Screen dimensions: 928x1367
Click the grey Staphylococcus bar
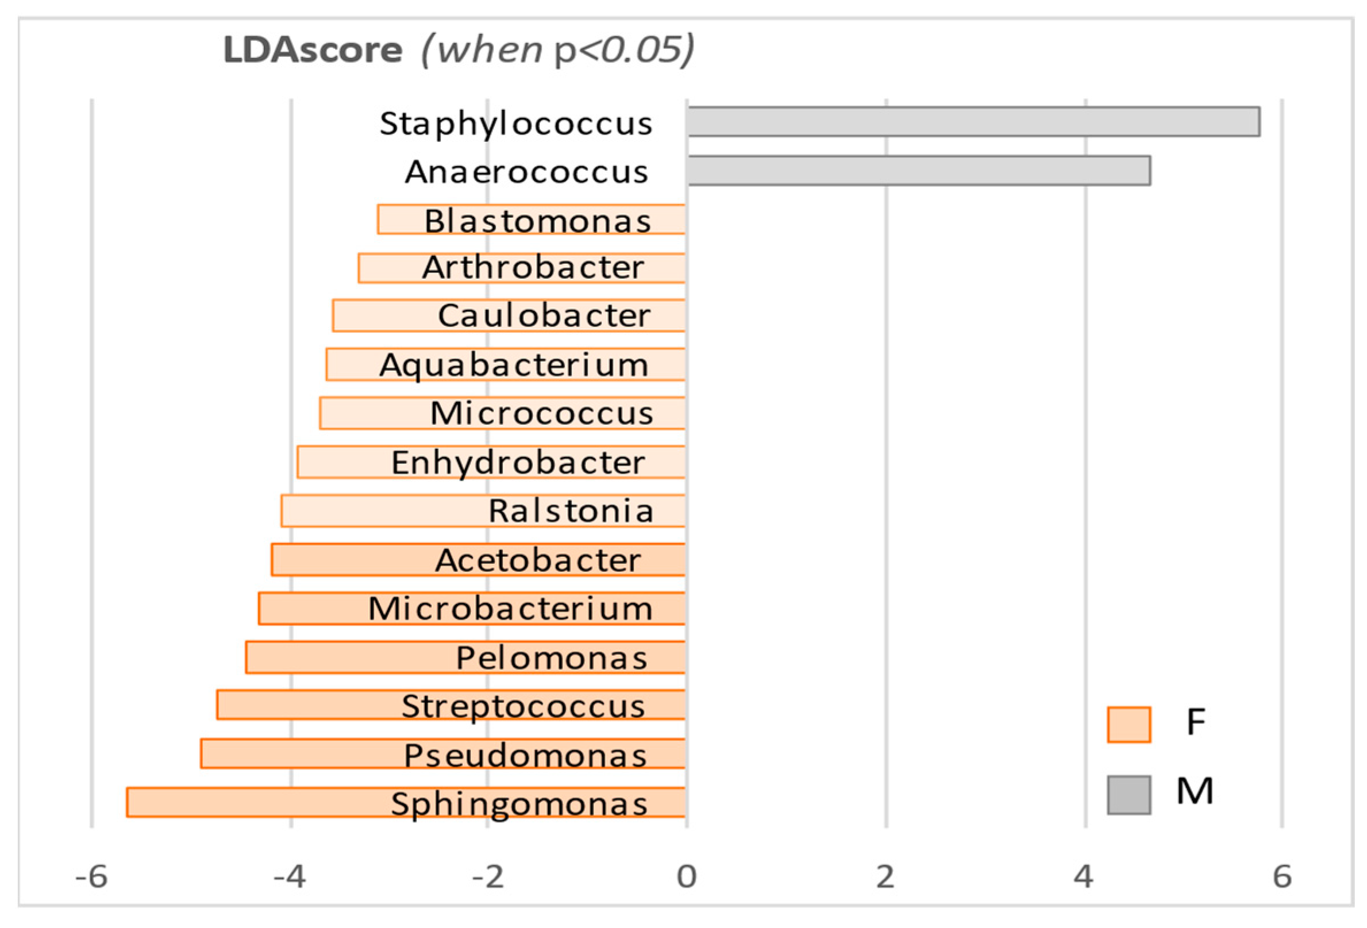[x=973, y=122]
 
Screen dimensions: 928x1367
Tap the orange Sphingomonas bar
[x=259, y=802]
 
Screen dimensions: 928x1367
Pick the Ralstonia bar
[x=382, y=510]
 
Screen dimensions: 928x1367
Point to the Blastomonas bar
[x=400, y=220]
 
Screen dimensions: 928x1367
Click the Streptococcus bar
[x=306, y=704]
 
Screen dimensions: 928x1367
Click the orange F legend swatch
[x=1129, y=725]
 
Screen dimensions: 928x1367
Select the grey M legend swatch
[x=1129, y=795]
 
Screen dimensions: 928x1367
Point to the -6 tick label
[x=91, y=877]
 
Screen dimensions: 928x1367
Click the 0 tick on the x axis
[x=687, y=877]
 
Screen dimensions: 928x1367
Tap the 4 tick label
[x=1084, y=877]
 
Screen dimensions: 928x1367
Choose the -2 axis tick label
[x=488, y=877]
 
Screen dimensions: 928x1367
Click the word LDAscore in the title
[x=313, y=50]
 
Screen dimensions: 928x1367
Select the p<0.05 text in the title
[x=623, y=50]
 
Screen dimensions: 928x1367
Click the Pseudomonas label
[x=525, y=755]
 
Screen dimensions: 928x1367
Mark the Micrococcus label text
[x=541, y=413]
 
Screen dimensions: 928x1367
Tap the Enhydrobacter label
[x=518, y=462]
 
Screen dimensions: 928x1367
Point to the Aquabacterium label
[x=514, y=365]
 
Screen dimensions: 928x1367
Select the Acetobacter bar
[x=353, y=559]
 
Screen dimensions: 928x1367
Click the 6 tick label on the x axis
[x=1282, y=877]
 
